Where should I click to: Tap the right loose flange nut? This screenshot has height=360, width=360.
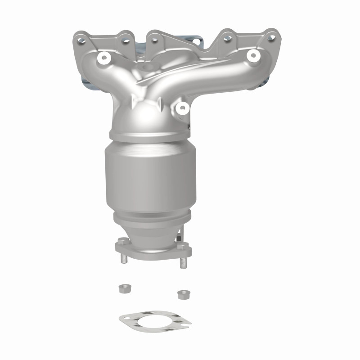(x=182, y=295)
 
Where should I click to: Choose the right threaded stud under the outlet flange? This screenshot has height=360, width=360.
(x=183, y=262)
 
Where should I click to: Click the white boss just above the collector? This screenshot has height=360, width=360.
(x=182, y=107)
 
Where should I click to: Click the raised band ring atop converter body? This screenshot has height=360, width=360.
(x=148, y=135)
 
